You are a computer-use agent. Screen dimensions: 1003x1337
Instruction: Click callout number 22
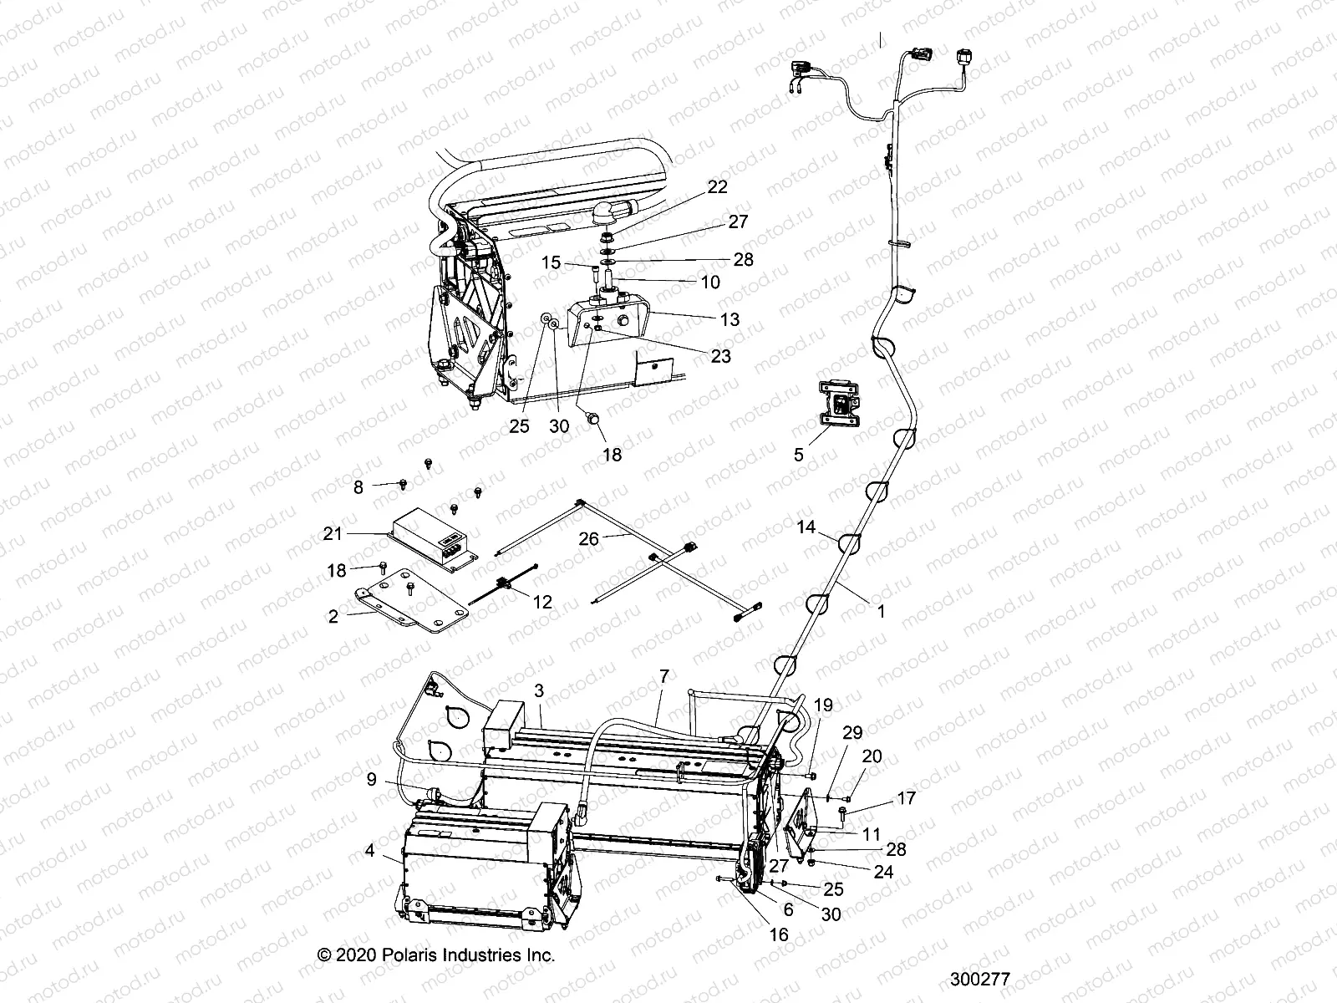coord(716,186)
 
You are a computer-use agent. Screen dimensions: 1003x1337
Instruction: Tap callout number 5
coord(798,455)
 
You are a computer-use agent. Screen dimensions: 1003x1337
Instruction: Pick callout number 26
coord(588,539)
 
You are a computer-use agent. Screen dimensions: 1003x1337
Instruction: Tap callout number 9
coord(371,781)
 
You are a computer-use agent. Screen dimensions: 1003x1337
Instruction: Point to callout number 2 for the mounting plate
coord(333,617)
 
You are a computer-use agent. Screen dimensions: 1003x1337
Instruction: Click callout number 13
coord(730,319)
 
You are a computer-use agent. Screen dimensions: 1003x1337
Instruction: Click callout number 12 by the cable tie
coord(542,601)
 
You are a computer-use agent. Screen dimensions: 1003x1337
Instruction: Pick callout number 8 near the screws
coord(358,486)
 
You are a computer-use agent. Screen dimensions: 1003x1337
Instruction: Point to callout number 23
coord(719,356)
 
